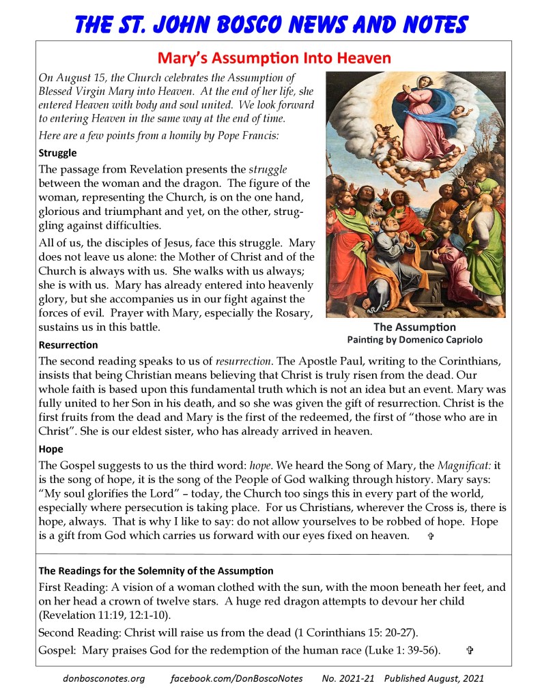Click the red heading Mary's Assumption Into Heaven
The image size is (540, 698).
coord(273,57)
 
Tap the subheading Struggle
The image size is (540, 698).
coord(57,153)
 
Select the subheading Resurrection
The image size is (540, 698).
coord(68,345)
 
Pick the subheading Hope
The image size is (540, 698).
coord(51,450)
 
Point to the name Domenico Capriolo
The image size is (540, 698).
coord(445,339)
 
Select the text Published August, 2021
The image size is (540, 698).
coord(434,679)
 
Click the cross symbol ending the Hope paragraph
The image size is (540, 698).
coord(430,537)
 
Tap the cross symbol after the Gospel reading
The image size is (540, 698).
coord(469,651)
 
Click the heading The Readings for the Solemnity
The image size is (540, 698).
coord(156,570)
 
